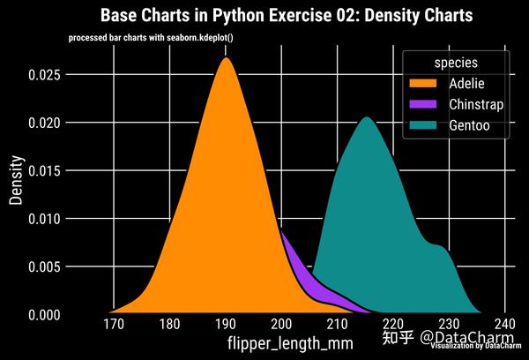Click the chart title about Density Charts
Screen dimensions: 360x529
point(287,16)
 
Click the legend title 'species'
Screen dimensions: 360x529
point(456,64)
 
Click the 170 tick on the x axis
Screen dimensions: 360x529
point(113,326)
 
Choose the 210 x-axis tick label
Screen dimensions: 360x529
point(338,326)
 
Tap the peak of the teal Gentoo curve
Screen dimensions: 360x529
point(366,119)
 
